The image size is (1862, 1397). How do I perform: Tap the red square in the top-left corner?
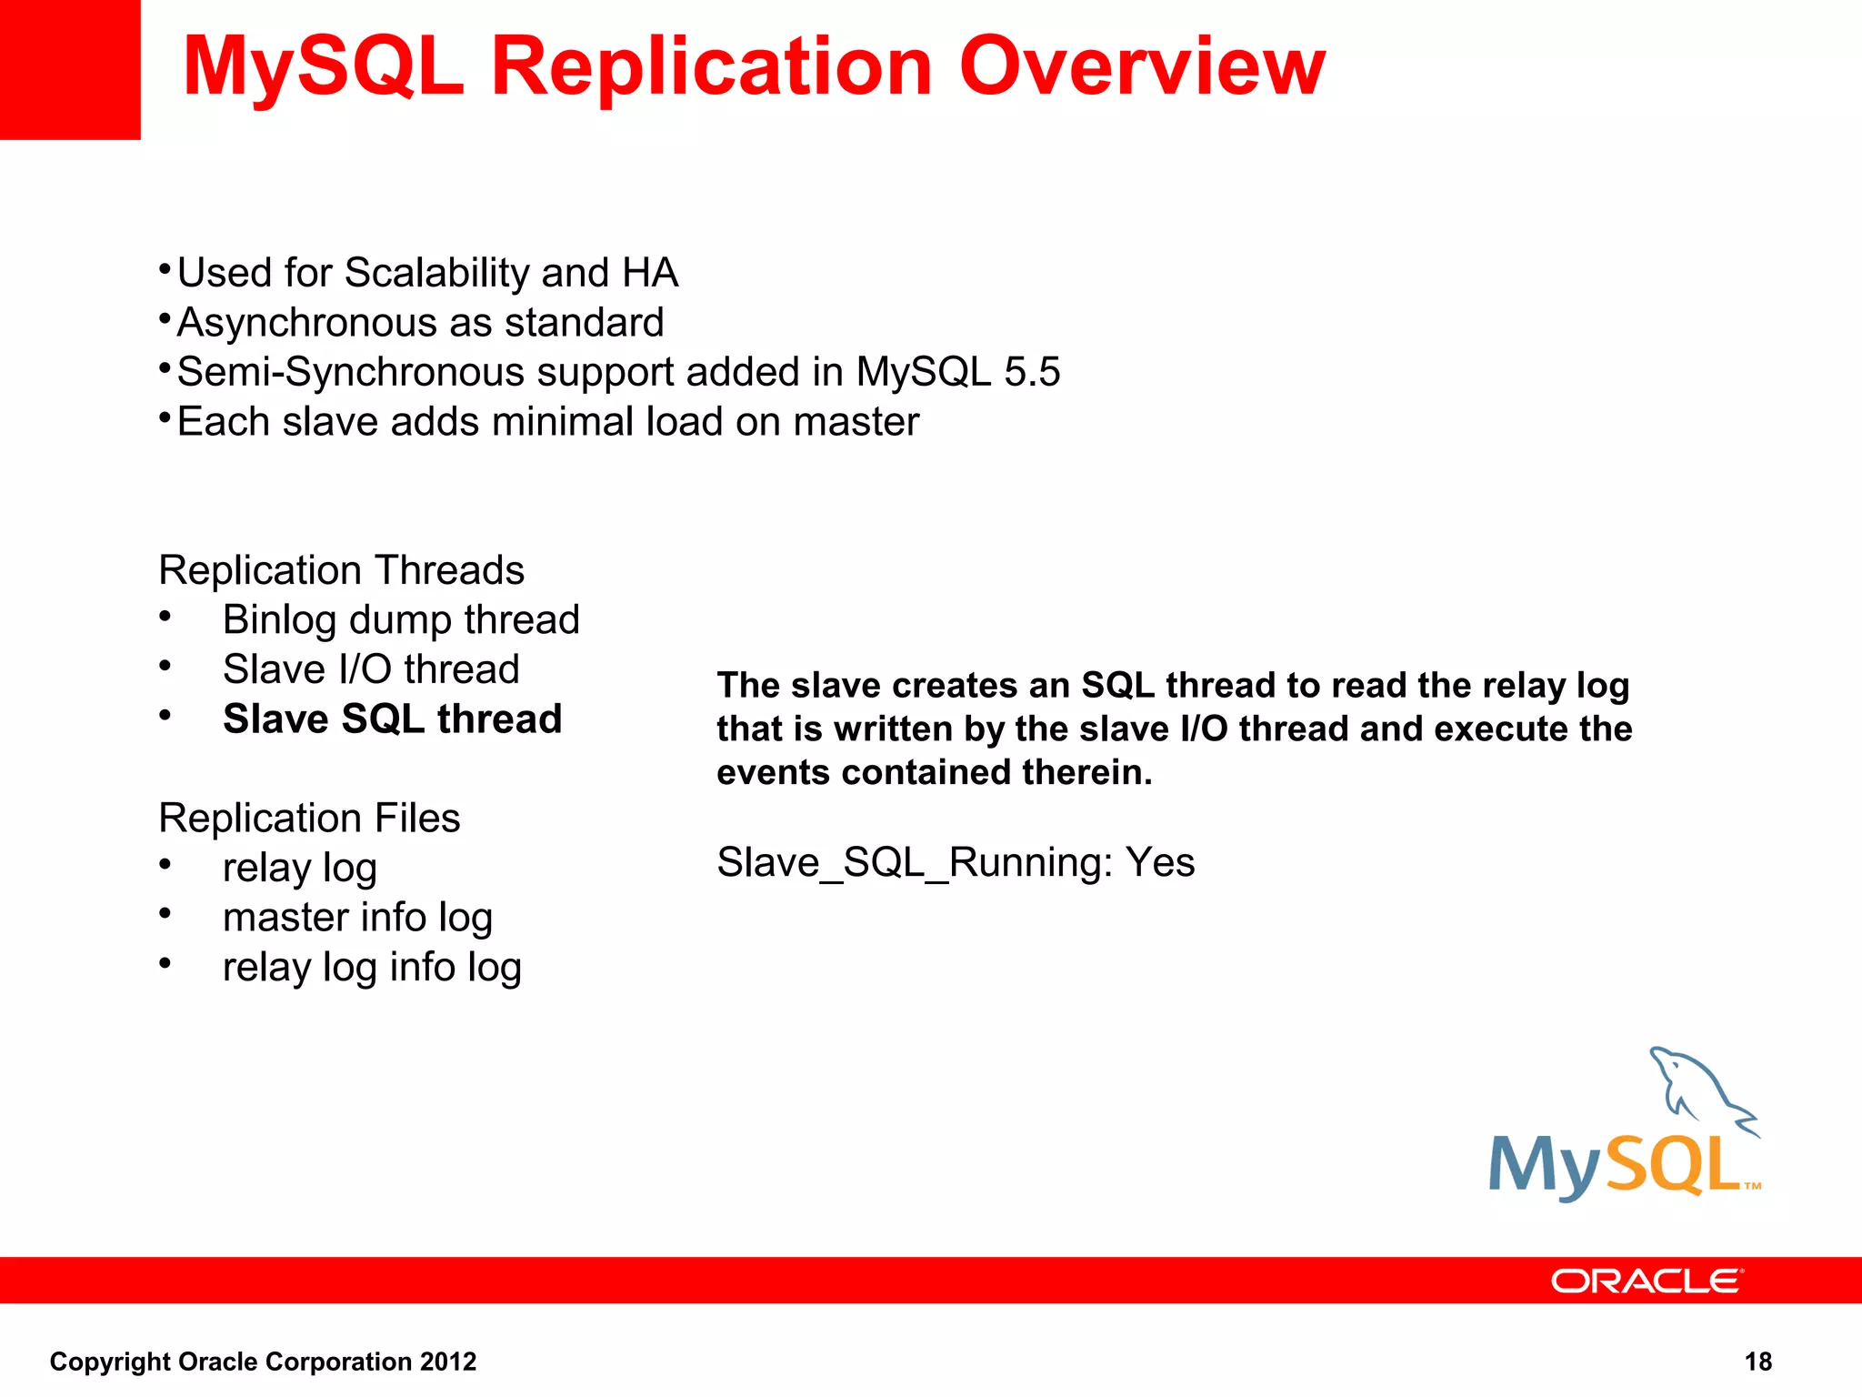point(70,69)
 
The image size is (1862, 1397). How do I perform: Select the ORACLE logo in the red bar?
point(1647,1281)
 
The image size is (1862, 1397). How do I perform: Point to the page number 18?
point(1757,1362)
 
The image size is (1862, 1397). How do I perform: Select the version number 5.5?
point(1032,372)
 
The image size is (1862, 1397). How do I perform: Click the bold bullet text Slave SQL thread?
point(392,719)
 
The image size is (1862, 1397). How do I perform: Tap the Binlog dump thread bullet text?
point(401,619)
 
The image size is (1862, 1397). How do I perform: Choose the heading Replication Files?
point(309,818)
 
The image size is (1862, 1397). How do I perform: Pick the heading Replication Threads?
point(341,570)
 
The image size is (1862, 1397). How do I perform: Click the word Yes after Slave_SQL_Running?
point(1159,861)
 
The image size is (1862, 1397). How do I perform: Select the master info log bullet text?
point(357,917)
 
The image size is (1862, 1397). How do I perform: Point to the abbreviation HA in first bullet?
point(650,273)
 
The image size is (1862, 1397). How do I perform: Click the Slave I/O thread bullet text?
point(371,669)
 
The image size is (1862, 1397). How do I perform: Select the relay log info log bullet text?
point(372,967)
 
